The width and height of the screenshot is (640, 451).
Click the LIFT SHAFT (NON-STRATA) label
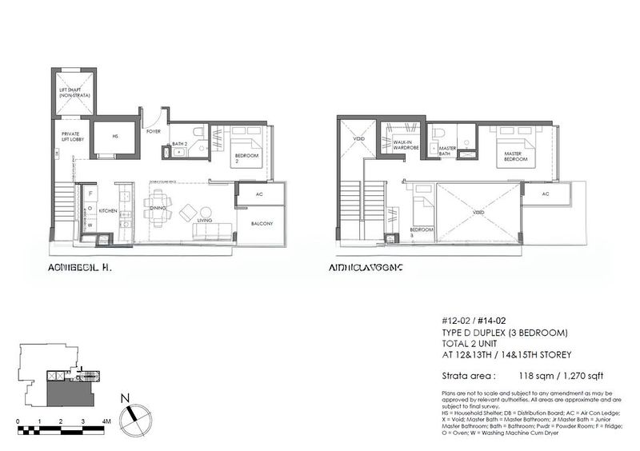(74, 93)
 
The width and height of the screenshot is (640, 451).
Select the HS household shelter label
(115, 137)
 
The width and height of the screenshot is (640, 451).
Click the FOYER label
(153, 130)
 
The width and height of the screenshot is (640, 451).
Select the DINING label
(158, 210)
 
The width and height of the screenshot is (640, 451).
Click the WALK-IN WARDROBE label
(402, 146)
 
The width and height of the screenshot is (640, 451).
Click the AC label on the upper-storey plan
(545, 194)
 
